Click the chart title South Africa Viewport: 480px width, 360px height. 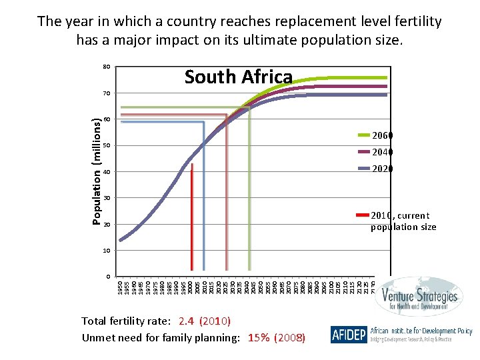click(x=238, y=77)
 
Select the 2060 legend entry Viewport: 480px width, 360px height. click(x=382, y=135)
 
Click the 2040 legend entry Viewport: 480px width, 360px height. click(x=382, y=152)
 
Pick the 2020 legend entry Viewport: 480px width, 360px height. click(x=382, y=169)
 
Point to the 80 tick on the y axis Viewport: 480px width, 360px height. click(x=106, y=67)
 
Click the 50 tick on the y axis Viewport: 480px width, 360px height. click(x=106, y=146)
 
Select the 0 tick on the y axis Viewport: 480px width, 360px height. click(x=108, y=277)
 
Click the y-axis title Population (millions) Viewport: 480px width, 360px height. click(x=97, y=171)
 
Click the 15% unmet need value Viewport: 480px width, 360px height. click(x=259, y=337)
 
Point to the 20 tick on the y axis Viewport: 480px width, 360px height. click(x=106, y=225)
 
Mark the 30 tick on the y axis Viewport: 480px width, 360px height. click(x=106, y=199)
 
